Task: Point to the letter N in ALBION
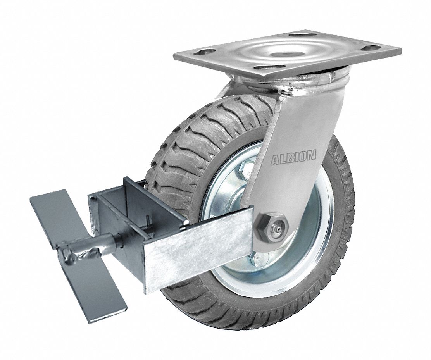coord(312,155)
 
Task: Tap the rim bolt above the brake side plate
coord(246,169)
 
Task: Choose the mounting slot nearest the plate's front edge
coord(264,67)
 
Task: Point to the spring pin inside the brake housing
coord(148,227)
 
